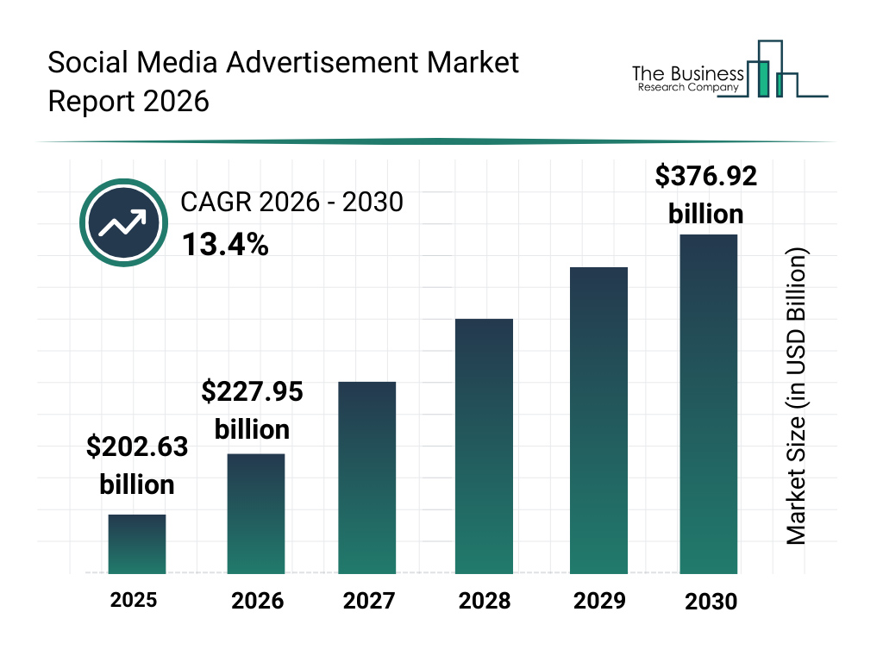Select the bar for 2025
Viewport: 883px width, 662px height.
tap(136, 544)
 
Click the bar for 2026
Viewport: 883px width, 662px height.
tap(256, 514)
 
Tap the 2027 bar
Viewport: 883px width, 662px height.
tap(366, 478)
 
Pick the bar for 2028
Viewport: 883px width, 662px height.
tap(484, 447)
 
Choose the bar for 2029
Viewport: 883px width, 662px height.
tap(598, 421)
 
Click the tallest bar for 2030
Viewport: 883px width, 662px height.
tap(708, 403)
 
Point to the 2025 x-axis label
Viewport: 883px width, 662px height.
tap(134, 599)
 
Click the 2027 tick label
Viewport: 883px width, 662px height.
tap(368, 601)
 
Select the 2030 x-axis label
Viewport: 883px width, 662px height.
tap(711, 602)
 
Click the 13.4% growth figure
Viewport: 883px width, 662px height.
tap(225, 246)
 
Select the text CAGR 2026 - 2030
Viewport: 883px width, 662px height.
tap(291, 203)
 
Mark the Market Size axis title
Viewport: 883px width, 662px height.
tap(797, 397)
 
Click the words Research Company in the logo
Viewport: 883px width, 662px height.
tap(687, 87)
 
